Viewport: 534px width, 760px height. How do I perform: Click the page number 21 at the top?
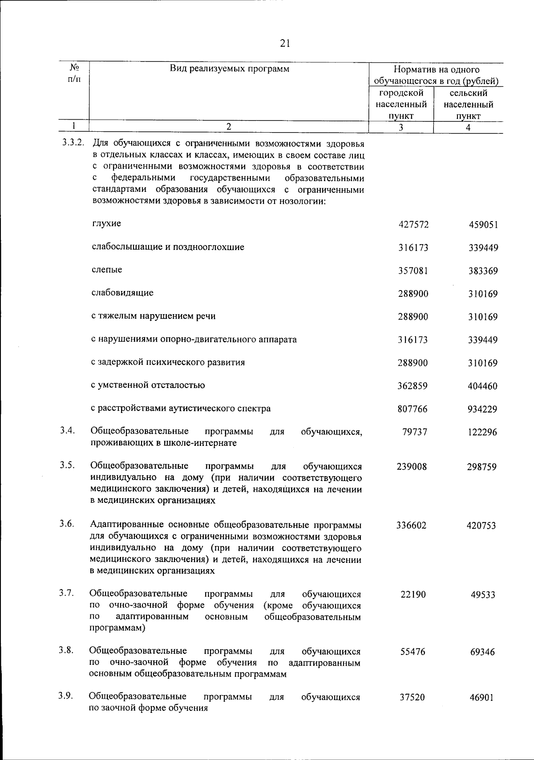[285, 43]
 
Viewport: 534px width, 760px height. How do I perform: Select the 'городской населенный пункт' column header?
[401, 105]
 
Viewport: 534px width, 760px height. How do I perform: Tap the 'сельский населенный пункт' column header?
[468, 105]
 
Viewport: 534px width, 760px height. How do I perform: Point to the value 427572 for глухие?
[413, 225]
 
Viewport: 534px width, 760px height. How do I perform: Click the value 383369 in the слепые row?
[483, 271]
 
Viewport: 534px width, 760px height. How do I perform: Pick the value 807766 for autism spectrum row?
[413, 409]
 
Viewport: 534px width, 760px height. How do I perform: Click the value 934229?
[482, 409]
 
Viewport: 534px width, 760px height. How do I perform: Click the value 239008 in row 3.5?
[412, 467]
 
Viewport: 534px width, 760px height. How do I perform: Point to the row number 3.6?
[67, 523]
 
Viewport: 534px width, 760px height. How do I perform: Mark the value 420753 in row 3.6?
[481, 526]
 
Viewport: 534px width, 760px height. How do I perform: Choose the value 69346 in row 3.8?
[482, 652]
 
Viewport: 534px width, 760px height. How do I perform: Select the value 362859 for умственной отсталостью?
[413, 386]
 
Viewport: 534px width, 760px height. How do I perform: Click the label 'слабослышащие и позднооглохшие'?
[168, 247]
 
